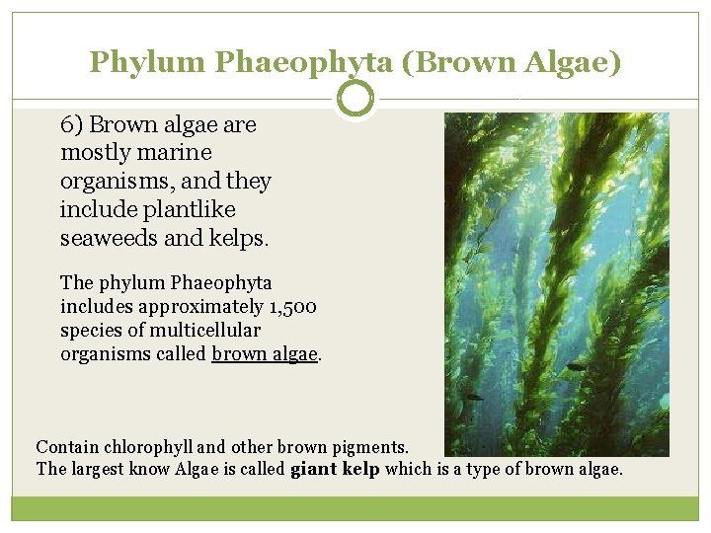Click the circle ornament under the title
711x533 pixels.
point(355,99)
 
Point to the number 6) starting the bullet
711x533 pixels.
point(72,124)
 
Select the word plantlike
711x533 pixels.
point(188,210)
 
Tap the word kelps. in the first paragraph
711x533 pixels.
point(238,239)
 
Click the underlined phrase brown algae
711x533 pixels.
point(266,353)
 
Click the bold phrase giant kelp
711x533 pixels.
point(335,469)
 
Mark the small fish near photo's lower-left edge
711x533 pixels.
point(474,397)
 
